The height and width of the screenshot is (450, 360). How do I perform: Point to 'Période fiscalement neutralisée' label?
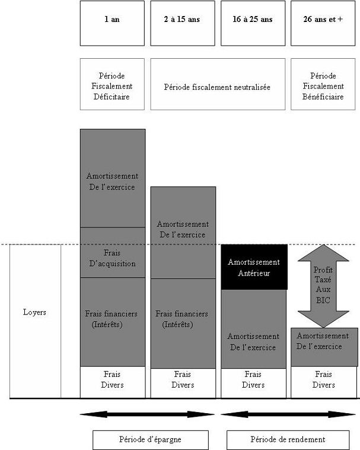(x=217, y=87)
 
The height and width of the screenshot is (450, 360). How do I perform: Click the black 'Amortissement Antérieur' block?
(x=253, y=267)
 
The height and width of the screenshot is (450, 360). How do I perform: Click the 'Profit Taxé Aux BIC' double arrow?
(x=323, y=286)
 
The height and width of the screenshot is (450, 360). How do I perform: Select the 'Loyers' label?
(x=35, y=312)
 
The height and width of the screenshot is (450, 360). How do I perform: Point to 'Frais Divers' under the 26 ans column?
(x=323, y=380)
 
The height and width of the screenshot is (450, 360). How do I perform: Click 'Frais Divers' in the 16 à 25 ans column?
(x=253, y=380)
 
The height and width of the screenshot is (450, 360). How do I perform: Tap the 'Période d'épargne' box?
(x=150, y=440)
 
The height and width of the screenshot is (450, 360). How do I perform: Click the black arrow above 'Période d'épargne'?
(x=147, y=414)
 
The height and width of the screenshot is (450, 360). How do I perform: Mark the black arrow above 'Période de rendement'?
(x=288, y=414)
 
